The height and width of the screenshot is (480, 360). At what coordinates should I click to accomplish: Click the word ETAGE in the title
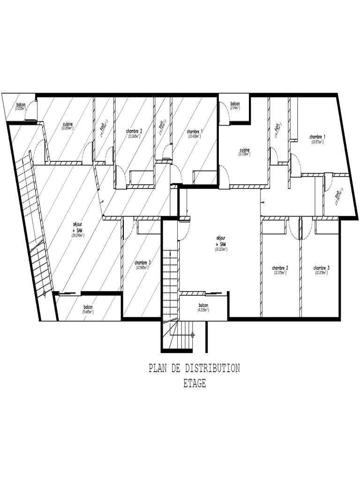[195, 383]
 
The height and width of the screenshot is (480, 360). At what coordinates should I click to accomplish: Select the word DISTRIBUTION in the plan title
[211, 368]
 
